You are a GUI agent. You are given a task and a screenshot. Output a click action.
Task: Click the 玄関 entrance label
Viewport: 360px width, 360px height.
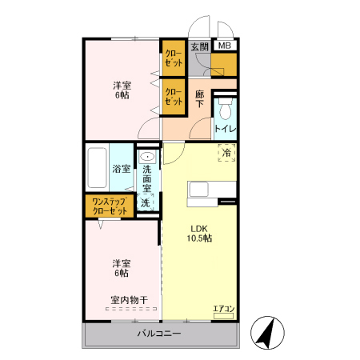click(199, 46)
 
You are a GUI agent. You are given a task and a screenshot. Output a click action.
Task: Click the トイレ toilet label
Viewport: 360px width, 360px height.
click(225, 128)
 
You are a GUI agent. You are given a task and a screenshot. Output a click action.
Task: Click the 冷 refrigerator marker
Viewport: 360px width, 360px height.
click(226, 153)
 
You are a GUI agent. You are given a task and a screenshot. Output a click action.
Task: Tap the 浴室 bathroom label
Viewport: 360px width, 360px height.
click(121, 169)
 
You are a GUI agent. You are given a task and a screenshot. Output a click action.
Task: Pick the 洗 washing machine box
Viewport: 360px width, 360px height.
click(146, 203)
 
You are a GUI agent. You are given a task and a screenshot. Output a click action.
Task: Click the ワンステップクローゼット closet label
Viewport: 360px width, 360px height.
click(110, 206)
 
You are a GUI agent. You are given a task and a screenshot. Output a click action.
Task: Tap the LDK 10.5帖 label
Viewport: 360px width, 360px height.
click(200, 233)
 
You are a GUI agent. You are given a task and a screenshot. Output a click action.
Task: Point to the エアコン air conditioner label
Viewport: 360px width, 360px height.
click(222, 308)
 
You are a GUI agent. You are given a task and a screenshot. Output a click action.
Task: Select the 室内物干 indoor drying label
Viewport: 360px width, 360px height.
click(128, 301)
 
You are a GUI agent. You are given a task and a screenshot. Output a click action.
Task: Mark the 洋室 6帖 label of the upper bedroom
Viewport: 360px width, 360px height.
click(121, 90)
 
